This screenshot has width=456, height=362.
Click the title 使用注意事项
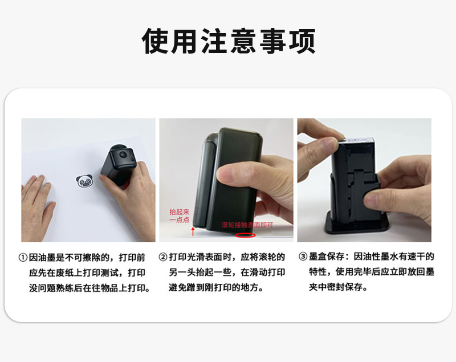229,41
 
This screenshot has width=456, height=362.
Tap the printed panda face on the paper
84,181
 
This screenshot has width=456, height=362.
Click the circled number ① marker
23,258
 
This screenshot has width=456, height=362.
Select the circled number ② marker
163,257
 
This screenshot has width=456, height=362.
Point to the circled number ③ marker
303,257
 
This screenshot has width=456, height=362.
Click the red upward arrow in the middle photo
193,231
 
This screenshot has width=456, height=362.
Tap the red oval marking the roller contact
245,235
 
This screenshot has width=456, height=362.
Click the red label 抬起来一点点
180,215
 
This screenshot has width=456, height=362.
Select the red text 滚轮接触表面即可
247,225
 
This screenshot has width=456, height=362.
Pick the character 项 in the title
302,41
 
